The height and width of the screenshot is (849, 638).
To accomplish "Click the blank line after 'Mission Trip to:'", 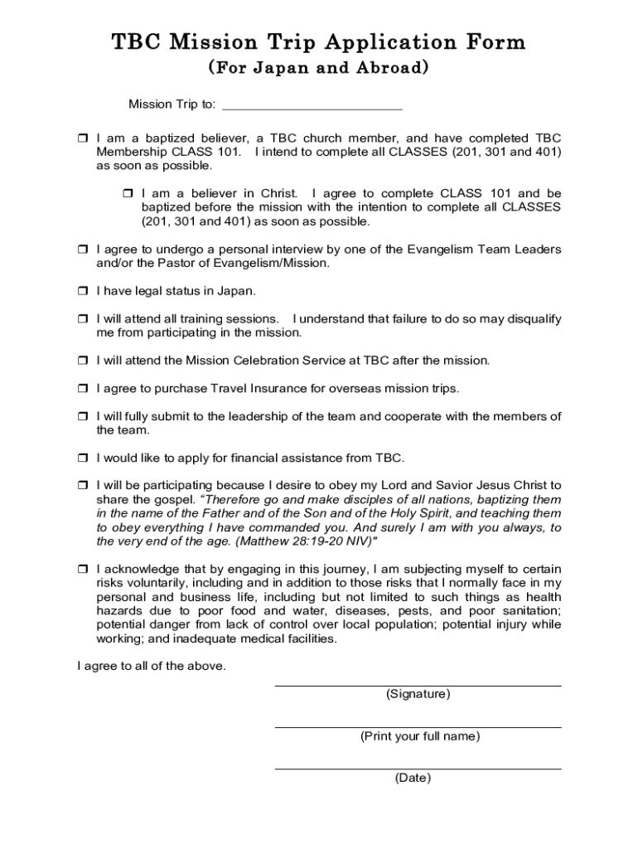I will point(312,105).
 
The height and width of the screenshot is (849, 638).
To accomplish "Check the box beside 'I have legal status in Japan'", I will point(82,292).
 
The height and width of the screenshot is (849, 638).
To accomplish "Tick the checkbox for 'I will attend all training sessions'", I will point(82,319).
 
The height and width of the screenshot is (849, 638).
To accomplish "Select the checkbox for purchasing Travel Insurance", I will point(82,389).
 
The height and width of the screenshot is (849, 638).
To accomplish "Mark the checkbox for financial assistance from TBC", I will point(82,458).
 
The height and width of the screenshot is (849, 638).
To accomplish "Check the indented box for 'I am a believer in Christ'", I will point(127,194).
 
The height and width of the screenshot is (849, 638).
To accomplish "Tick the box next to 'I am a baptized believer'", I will point(82,138).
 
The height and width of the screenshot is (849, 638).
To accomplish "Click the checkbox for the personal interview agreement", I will point(82,250).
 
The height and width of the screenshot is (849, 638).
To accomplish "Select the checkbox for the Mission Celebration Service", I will point(82,361).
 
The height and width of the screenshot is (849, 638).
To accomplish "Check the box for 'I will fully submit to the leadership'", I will point(82,417).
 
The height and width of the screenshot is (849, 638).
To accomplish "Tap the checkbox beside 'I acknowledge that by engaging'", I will point(82,570).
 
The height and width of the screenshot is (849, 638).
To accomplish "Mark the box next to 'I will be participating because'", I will point(82,486).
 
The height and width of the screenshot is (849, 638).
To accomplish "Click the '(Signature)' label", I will point(418,695).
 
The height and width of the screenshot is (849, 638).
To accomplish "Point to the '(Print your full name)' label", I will point(419,736).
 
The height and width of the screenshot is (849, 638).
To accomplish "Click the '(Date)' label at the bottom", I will point(413,778).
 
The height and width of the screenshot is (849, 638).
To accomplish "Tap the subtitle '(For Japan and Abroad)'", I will point(318,68).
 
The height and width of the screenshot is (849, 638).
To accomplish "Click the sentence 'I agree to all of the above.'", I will point(151,667).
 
